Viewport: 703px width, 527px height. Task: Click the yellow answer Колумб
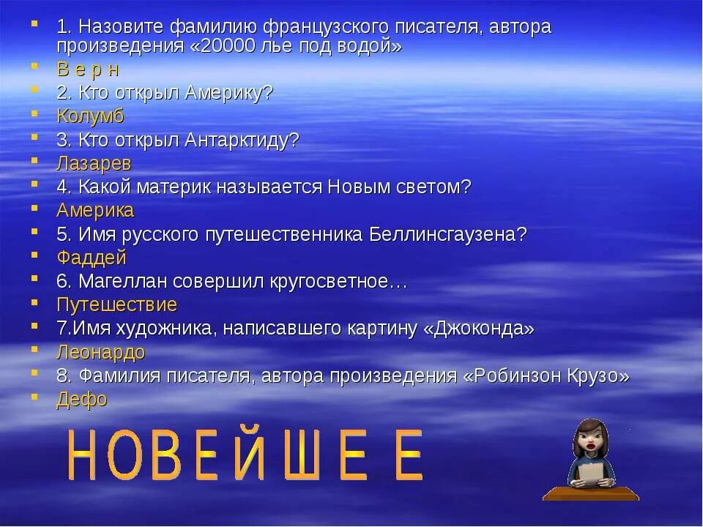90,116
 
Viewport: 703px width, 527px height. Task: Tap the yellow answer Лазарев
94,163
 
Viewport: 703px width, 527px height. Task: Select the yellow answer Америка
95,211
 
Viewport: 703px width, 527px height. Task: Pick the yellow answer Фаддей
91,258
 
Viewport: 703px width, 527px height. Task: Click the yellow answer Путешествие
116,305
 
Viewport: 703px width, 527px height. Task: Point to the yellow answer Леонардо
100,352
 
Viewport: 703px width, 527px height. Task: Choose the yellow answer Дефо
81,400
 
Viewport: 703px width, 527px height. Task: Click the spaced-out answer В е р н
87,70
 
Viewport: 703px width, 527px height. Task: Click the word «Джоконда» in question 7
479,329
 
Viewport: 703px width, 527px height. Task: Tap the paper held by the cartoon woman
590,472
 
